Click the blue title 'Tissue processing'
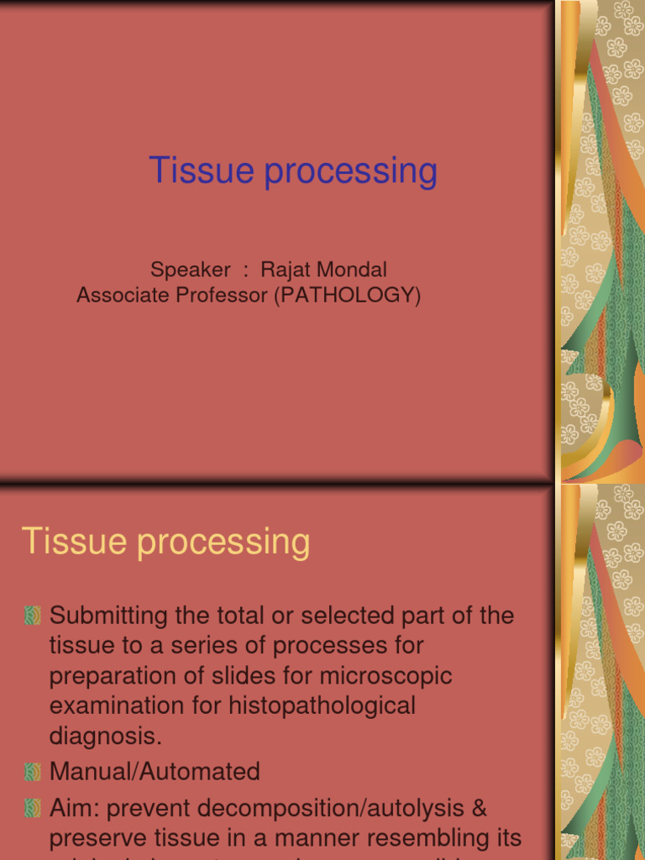coord(293,171)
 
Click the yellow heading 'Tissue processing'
coord(165,542)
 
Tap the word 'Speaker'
coord(190,270)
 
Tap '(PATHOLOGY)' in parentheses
coord(347,296)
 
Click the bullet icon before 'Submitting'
coord(33,616)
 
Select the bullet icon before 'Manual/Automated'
coord(33,771)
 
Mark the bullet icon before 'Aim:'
coord(33,809)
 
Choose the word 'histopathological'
coord(322,706)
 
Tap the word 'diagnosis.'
coord(105,737)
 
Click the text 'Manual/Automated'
coord(155,771)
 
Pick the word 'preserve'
coord(99,838)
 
